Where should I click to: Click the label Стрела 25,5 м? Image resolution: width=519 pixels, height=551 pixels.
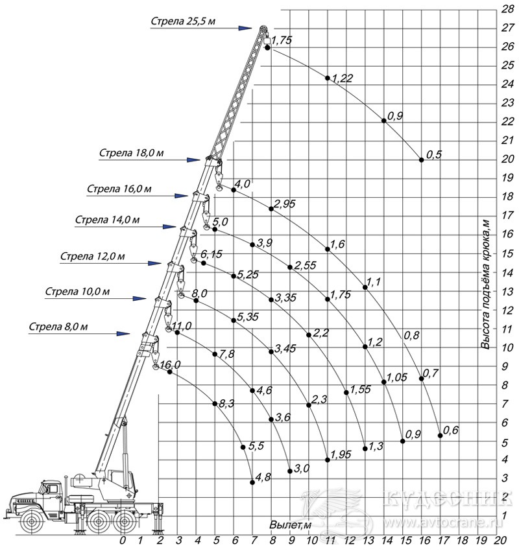click(x=183, y=21)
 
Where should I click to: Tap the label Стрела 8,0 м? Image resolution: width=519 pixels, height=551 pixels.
click(x=58, y=327)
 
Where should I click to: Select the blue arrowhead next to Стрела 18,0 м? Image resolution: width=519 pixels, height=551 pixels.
click(x=193, y=160)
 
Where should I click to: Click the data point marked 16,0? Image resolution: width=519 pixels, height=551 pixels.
click(x=170, y=372)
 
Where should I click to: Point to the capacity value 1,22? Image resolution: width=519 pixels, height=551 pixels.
click(x=342, y=78)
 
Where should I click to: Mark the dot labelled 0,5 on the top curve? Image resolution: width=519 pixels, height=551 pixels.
click(x=422, y=160)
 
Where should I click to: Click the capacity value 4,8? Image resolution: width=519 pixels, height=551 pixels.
click(x=263, y=477)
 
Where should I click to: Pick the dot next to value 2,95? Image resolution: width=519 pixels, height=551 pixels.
click(x=271, y=209)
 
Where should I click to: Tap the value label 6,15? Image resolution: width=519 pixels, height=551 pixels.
click(x=211, y=253)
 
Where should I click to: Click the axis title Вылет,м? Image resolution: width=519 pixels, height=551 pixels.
click(x=291, y=525)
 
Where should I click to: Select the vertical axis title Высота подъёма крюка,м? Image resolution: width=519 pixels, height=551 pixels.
click(x=486, y=284)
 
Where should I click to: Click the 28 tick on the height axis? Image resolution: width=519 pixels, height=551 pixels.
click(x=507, y=9)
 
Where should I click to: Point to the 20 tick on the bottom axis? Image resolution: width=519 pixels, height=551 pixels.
click(x=500, y=540)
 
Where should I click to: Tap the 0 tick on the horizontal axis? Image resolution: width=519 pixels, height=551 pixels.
click(x=123, y=540)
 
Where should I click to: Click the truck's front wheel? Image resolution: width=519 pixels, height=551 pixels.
click(x=32, y=521)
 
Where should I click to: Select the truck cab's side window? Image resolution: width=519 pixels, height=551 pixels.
click(x=51, y=489)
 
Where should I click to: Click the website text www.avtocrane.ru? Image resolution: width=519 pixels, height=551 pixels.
click(x=443, y=522)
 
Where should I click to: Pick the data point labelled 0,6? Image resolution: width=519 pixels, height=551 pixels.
click(x=441, y=436)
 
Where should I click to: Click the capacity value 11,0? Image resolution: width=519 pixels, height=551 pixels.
click(x=182, y=326)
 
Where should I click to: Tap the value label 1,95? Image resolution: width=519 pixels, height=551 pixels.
click(x=341, y=454)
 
